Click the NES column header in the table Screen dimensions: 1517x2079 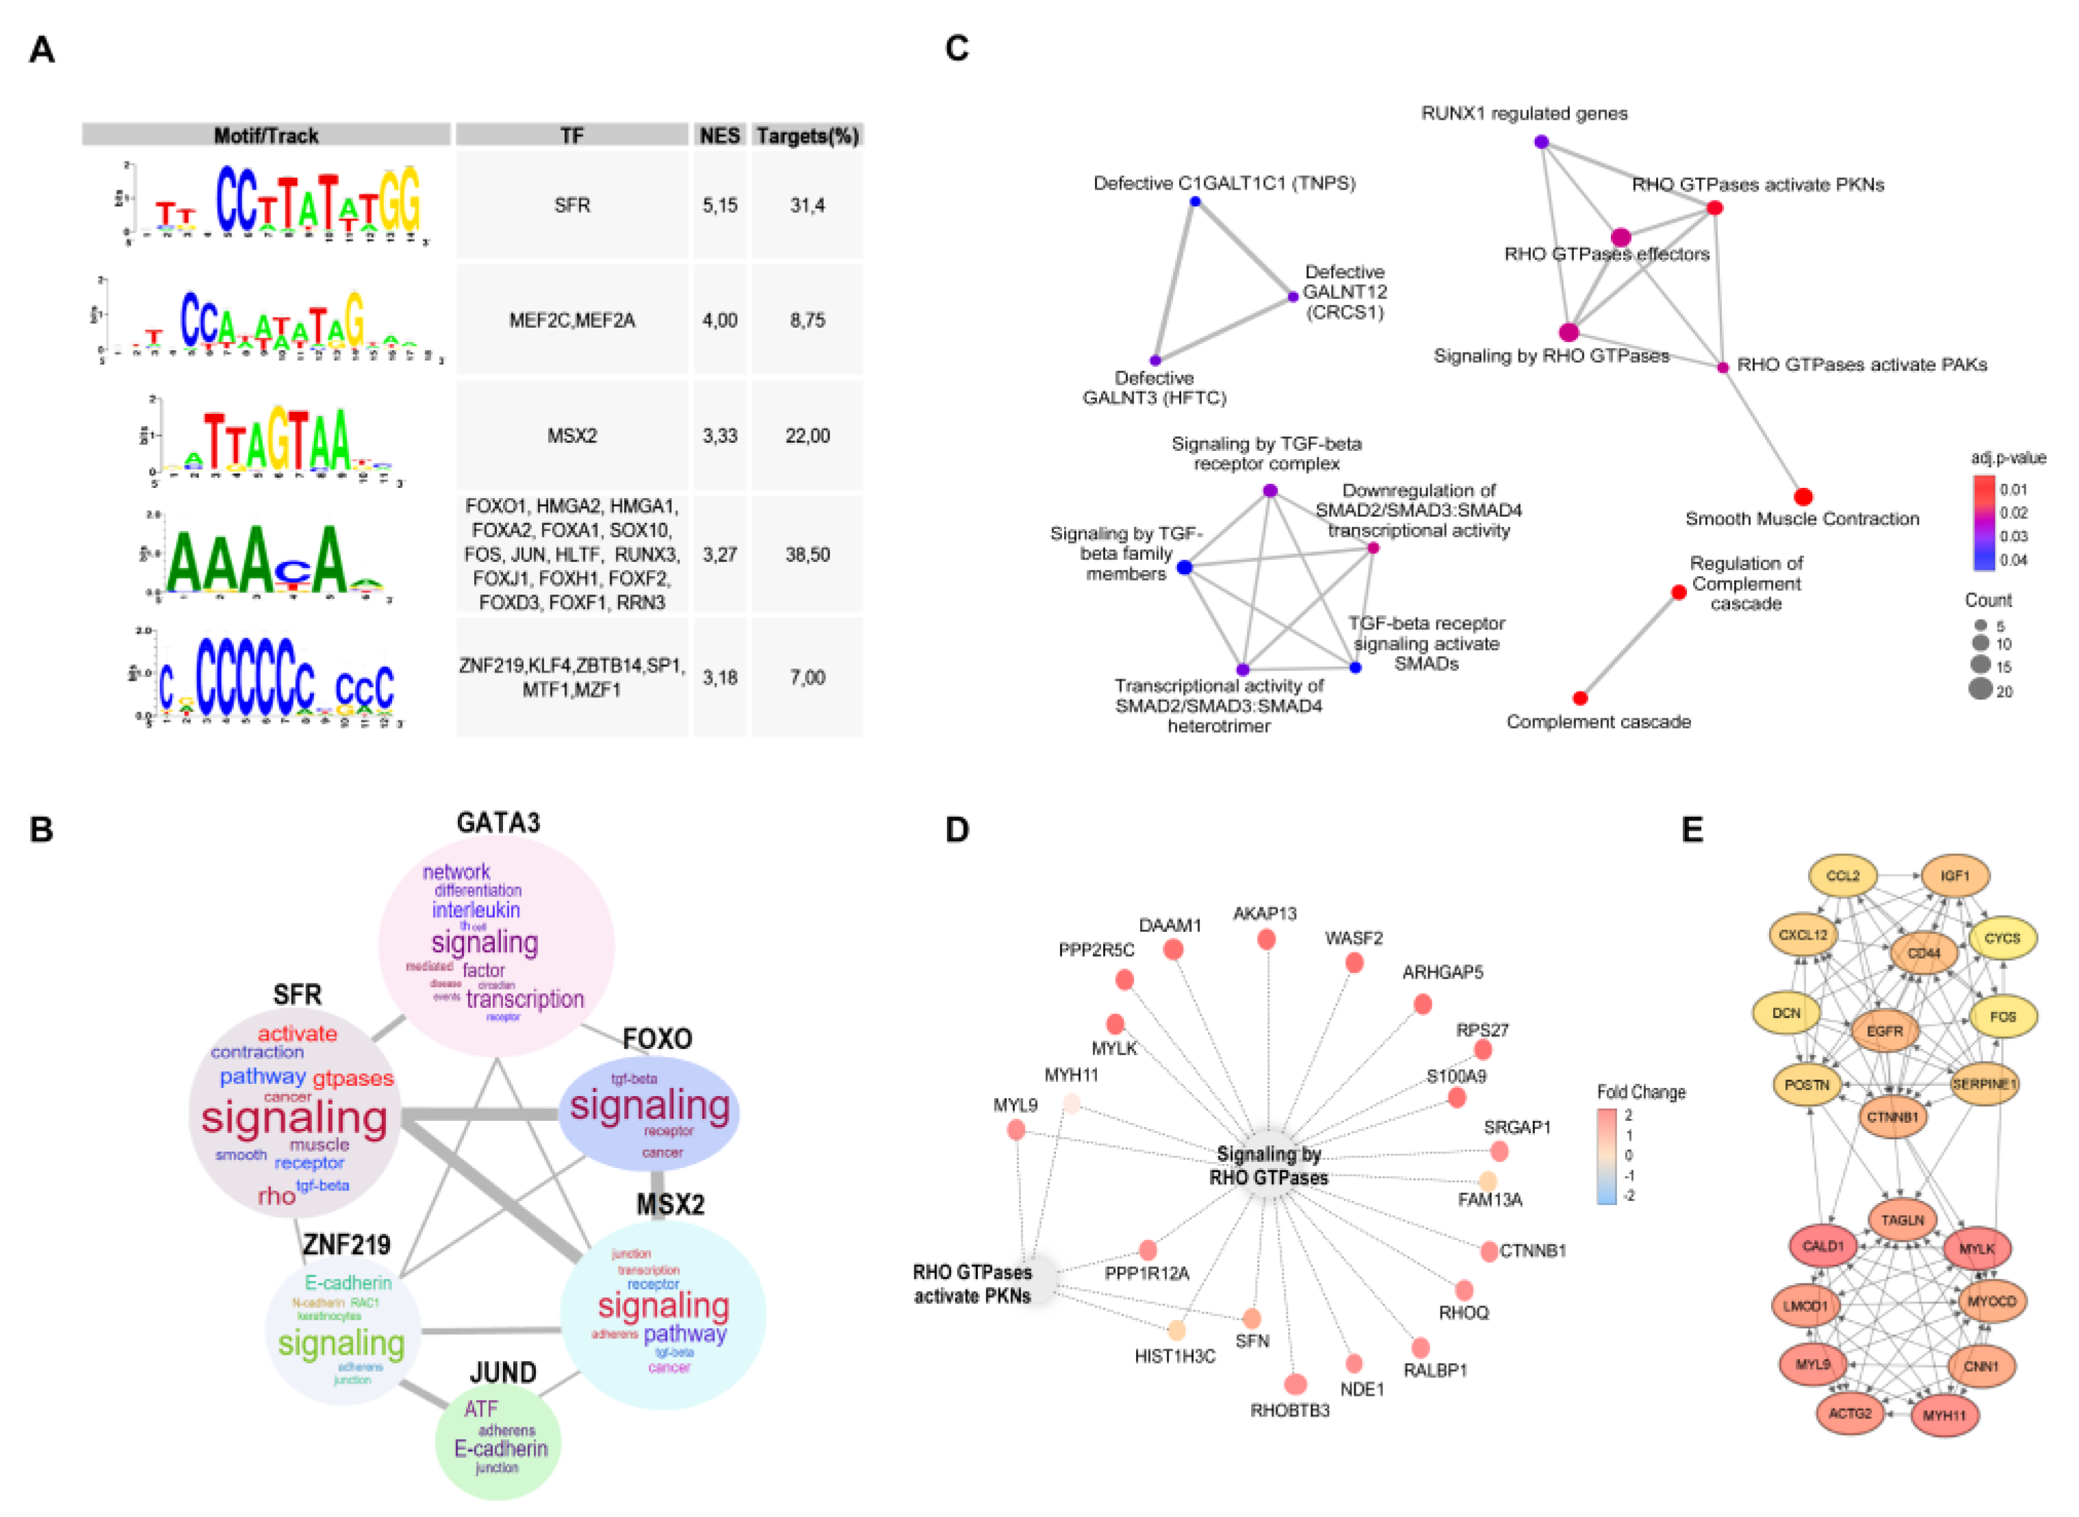pos(719,136)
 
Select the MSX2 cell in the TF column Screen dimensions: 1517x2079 pos(571,435)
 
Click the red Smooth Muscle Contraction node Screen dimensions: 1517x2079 pos(1803,497)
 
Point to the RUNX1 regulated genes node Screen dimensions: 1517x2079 pos(1542,142)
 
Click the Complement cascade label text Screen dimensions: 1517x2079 pos(1598,722)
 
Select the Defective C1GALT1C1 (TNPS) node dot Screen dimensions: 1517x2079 pos(1195,201)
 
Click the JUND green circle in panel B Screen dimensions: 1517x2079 pos(498,1442)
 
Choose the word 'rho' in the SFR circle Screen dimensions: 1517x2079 pos(276,1195)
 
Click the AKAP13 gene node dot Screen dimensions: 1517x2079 pos(1266,939)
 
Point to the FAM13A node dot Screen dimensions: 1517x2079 pos(1488,1181)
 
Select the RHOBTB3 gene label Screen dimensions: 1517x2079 pos(1289,1410)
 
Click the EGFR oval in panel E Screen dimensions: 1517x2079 pos(1885,1031)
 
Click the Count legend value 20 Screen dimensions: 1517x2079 pos(2004,692)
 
